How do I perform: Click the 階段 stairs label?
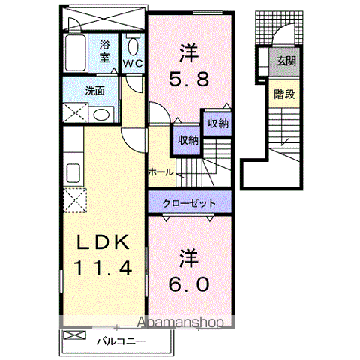pos(283,95)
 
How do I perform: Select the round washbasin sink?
pos(100,115)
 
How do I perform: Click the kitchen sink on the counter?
pos(75,172)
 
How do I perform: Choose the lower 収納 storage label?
pos(187,139)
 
